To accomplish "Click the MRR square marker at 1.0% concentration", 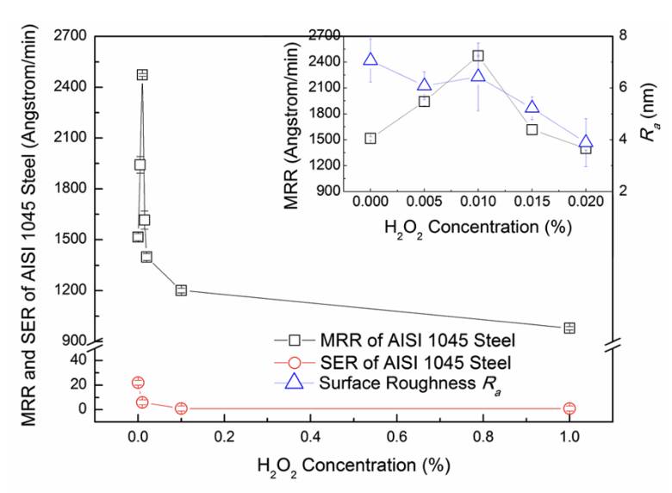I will (569, 328).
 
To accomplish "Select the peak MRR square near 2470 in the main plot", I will (142, 74).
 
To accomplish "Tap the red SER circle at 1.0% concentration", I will (569, 409).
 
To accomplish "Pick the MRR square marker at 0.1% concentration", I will (181, 290).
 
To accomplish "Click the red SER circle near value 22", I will (138, 382).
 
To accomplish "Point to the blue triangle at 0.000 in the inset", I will (370, 59).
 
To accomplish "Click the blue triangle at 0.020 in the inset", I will (586, 143).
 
